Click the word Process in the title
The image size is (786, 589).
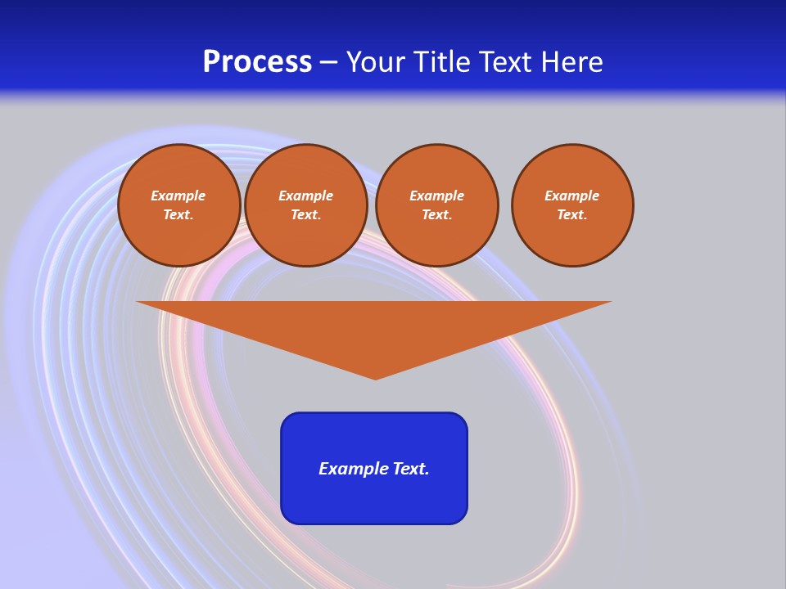tap(257, 62)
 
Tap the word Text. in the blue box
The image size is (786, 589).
tap(410, 469)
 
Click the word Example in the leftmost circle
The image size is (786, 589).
tap(178, 196)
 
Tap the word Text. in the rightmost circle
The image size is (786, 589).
tap(572, 214)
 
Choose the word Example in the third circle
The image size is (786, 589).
tap(437, 196)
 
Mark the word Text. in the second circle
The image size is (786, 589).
tap(306, 214)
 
